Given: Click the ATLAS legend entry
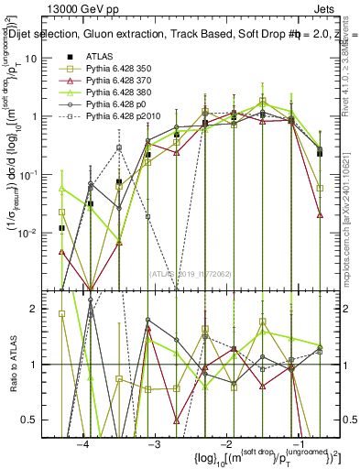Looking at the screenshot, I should point(101,58).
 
